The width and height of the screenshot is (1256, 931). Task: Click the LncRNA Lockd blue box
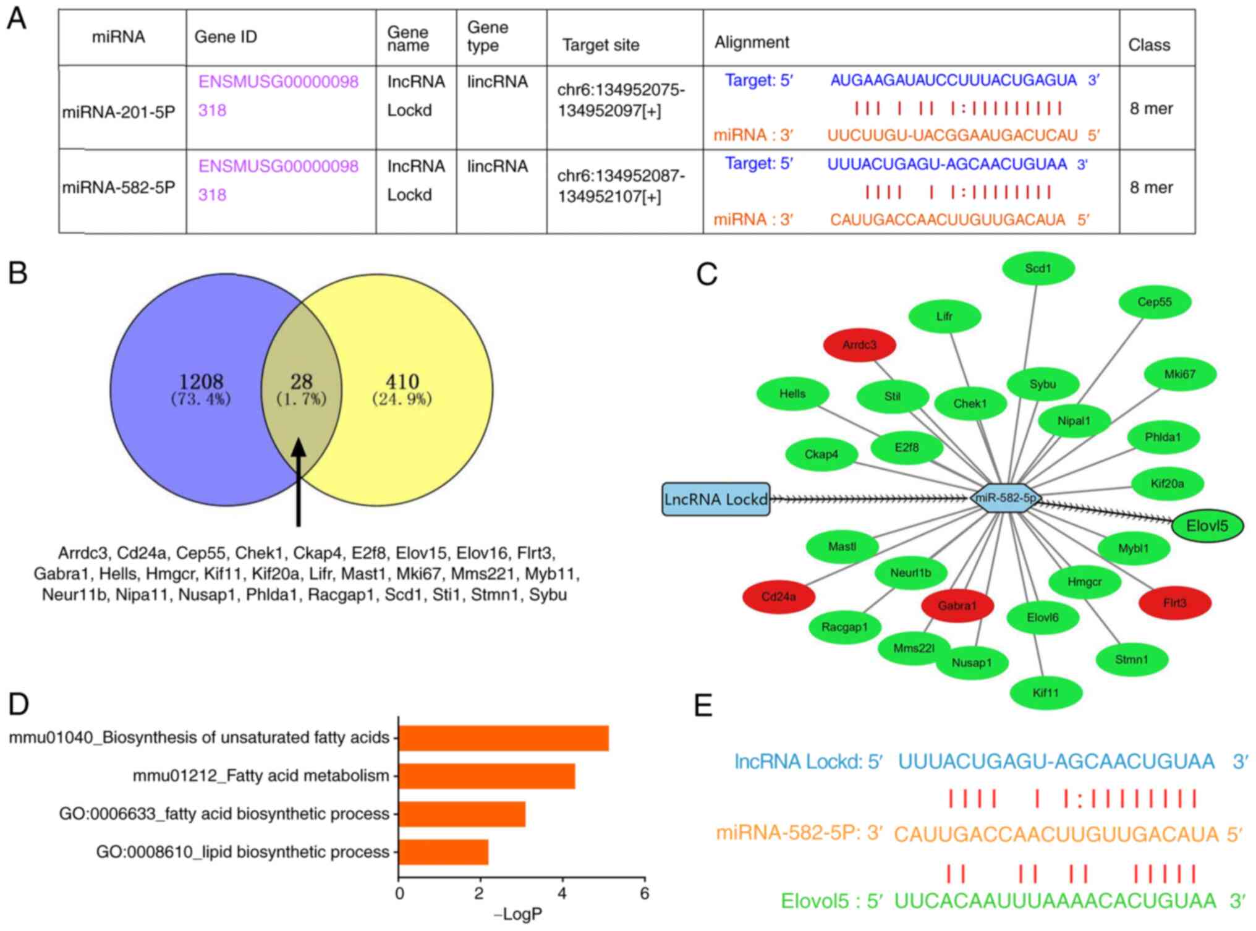[716, 500]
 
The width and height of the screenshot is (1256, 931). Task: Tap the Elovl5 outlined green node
[1207, 526]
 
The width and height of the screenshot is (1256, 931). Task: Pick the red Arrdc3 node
[859, 345]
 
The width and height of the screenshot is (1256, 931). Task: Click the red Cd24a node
[778, 597]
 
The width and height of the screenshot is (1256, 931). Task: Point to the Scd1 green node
[1038, 268]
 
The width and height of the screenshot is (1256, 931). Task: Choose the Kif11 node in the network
[1046, 692]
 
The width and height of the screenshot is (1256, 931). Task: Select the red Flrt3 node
[1174, 603]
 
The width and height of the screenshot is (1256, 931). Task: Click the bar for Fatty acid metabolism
[487, 776]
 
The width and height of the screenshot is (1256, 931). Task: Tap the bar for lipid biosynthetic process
[444, 852]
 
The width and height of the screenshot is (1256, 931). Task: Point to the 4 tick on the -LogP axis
[562, 893]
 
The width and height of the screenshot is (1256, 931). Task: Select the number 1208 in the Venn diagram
[201, 381]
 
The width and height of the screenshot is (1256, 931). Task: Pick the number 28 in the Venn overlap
[302, 381]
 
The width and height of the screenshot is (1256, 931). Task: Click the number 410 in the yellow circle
[402, 381]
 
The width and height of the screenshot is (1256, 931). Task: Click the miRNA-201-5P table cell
[119, 112]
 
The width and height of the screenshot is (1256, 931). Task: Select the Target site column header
[600, 45]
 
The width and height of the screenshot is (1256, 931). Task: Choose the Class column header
[1149, 45]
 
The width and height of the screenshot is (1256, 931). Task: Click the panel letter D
[19, 704]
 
